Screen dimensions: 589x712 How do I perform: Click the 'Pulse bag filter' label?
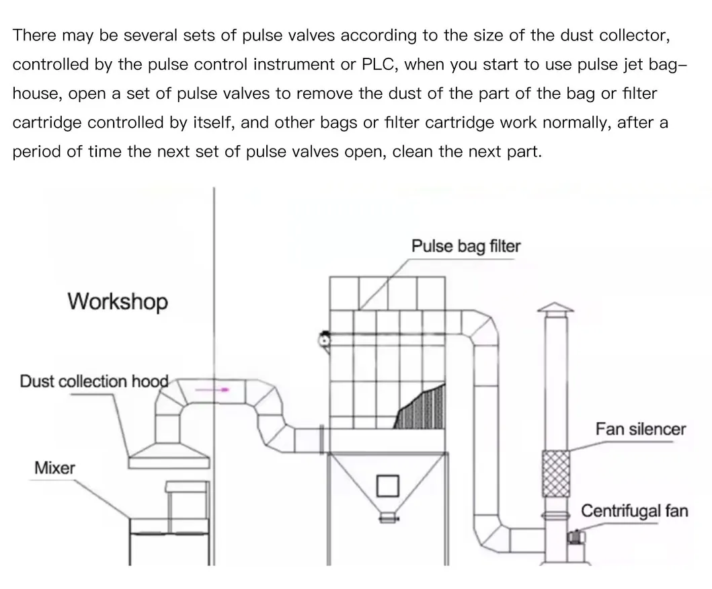465,246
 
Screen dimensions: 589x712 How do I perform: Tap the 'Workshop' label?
117,301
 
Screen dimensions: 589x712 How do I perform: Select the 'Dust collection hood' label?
93,381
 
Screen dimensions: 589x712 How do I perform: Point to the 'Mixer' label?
54,467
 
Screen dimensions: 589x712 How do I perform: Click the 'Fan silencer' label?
640,429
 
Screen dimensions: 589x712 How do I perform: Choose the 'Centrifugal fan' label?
634,510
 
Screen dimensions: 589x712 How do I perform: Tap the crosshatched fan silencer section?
556,473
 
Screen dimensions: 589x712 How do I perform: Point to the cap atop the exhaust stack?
555,309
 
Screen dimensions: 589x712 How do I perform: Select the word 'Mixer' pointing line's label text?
54,467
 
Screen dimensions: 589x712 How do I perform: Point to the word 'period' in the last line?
36,151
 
